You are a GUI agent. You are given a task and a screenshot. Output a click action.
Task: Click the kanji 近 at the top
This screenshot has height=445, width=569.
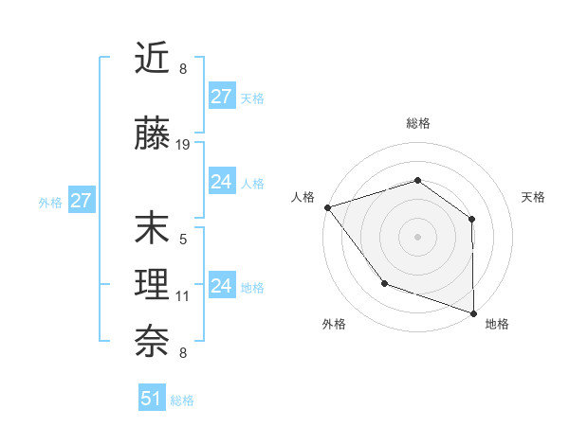click(153, 59)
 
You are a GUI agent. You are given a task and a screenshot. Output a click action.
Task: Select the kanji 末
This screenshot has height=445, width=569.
click(153, 228)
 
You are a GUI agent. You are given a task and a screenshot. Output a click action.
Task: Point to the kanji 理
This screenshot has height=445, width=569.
click(153, 284)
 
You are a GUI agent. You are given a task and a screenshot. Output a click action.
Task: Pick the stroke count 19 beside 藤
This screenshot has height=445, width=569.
click(183, 145)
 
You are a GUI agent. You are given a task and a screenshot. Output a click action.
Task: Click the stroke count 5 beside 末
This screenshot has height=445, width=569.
click(183, 240)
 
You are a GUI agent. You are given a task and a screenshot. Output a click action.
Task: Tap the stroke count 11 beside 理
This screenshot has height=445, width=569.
click(183, 296)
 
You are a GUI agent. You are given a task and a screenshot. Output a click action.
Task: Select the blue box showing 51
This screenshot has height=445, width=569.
click(152, 399)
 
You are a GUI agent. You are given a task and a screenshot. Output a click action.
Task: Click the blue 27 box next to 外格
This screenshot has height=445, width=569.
click(81, 201)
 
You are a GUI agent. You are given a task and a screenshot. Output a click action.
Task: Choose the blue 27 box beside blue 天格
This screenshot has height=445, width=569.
click(222, 97)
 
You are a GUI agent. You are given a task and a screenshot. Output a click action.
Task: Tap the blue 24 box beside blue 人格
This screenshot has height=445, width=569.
click(222, 182)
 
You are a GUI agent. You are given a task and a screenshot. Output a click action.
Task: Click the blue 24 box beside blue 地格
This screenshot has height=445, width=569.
click(222, 286)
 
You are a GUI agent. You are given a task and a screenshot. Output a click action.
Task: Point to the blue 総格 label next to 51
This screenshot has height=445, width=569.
click(182, 400)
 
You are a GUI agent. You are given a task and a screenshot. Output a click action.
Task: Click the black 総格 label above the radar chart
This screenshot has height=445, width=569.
click(417, 123)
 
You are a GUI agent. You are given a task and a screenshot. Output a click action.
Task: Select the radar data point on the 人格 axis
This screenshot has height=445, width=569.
click(327, 207)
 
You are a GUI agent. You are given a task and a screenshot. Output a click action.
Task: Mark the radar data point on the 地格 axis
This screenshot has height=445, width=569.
click(473, 311)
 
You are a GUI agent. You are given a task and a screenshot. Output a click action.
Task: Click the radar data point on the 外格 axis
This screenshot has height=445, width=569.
click(384, 282)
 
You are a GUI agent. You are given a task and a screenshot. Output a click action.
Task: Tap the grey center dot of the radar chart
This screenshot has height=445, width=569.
click(417, 236)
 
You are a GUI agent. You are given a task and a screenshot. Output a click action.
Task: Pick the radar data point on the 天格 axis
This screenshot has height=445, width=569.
click(472, 219)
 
